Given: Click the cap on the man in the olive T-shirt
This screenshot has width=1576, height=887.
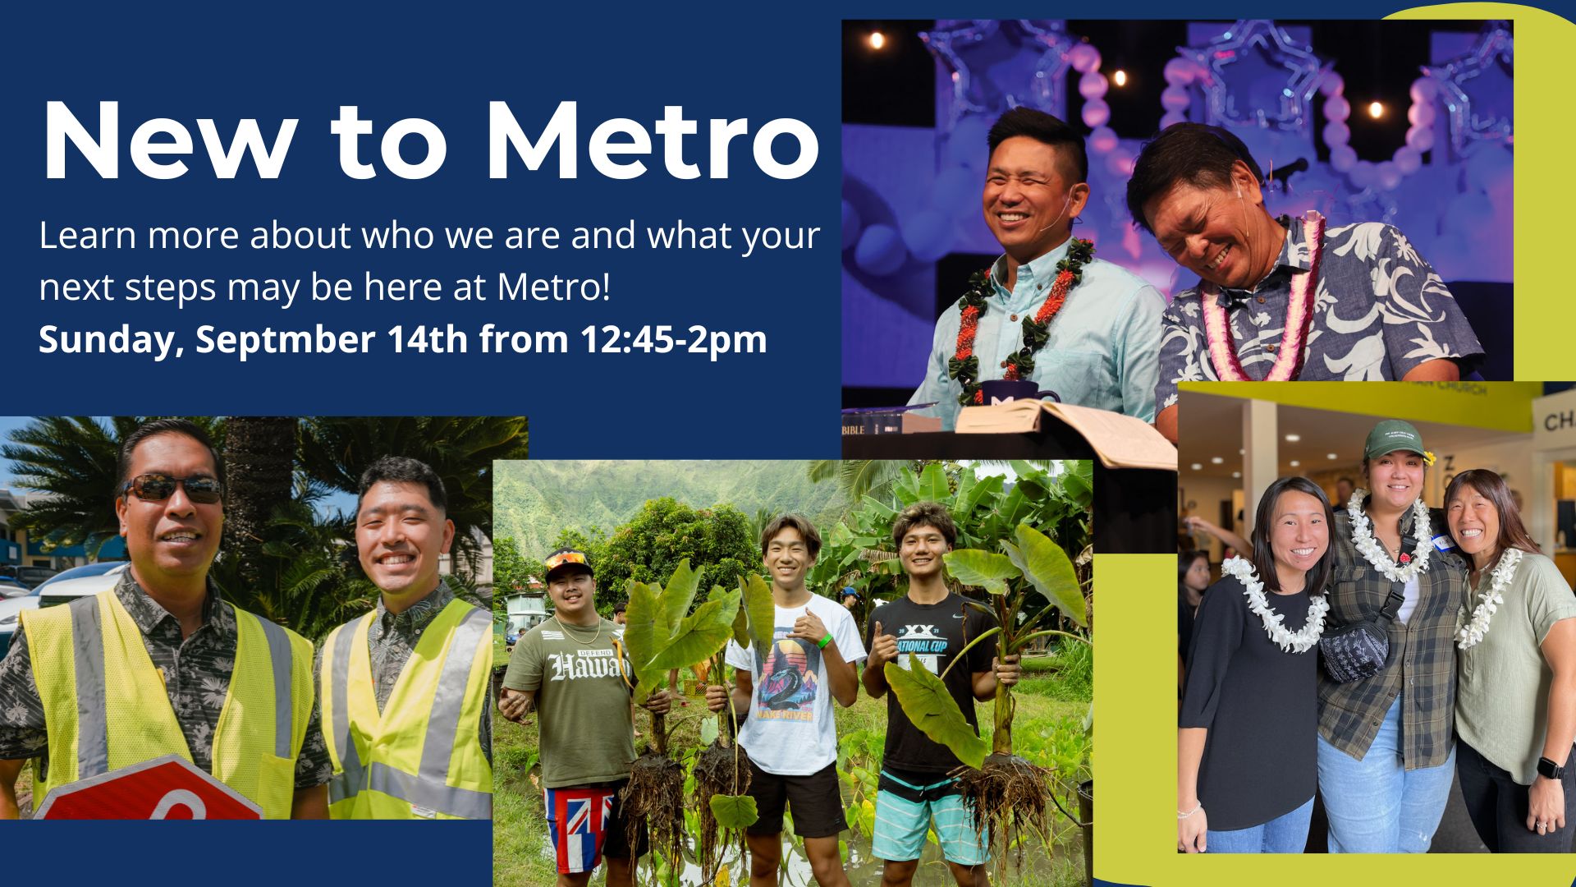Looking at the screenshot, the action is point(568,563).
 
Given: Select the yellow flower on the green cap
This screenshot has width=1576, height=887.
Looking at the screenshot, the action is point(1429,457).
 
